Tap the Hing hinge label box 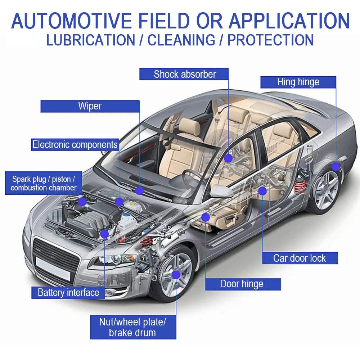[x=298, y=82]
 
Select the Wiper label [x=90, y=106]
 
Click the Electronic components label [x=75, y=145]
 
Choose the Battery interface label [x=68, y=292]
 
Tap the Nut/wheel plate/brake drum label [x=133, y=327]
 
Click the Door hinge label [x=242, y=284]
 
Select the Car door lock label [x=300, y=258]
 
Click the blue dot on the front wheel [x=176, y=275]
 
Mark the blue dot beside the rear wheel [x=336, y=166]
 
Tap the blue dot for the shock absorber [x=228, y=158]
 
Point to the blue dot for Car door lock [x=262, y=191]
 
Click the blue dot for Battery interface [x=104, y=234]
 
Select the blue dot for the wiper [x=140, y=190]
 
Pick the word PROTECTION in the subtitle [x=270, y=40]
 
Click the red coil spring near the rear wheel [x=300, y=185]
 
